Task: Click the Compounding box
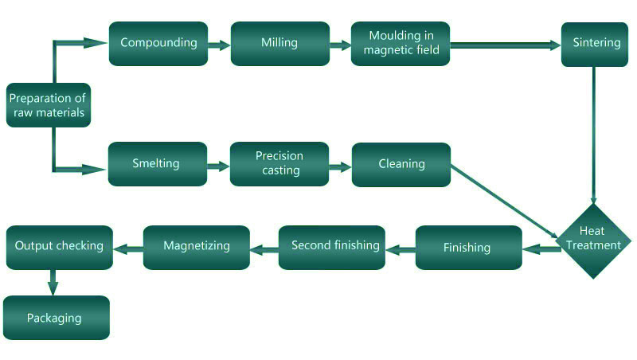point(158,44)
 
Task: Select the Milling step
point(280,44)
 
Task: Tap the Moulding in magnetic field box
point(401,44)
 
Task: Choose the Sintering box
point(595,45)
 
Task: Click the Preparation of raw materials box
point(49,105)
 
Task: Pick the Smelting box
point(158,164)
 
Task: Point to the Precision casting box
point(279,164)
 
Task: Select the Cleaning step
point(401,165)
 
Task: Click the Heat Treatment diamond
point(594,241)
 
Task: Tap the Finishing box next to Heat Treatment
point(469,248)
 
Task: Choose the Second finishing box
point(332,248)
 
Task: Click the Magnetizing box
point(197,248)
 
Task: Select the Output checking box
point(60,248)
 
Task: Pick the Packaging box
point(57,318)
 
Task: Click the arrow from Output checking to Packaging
point(53,283)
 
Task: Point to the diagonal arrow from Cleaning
point(504,202)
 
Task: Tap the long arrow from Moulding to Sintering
point(506,45)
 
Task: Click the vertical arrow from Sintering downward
point(594,135)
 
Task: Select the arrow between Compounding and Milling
point(220,45)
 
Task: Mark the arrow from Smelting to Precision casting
point(218,166)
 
